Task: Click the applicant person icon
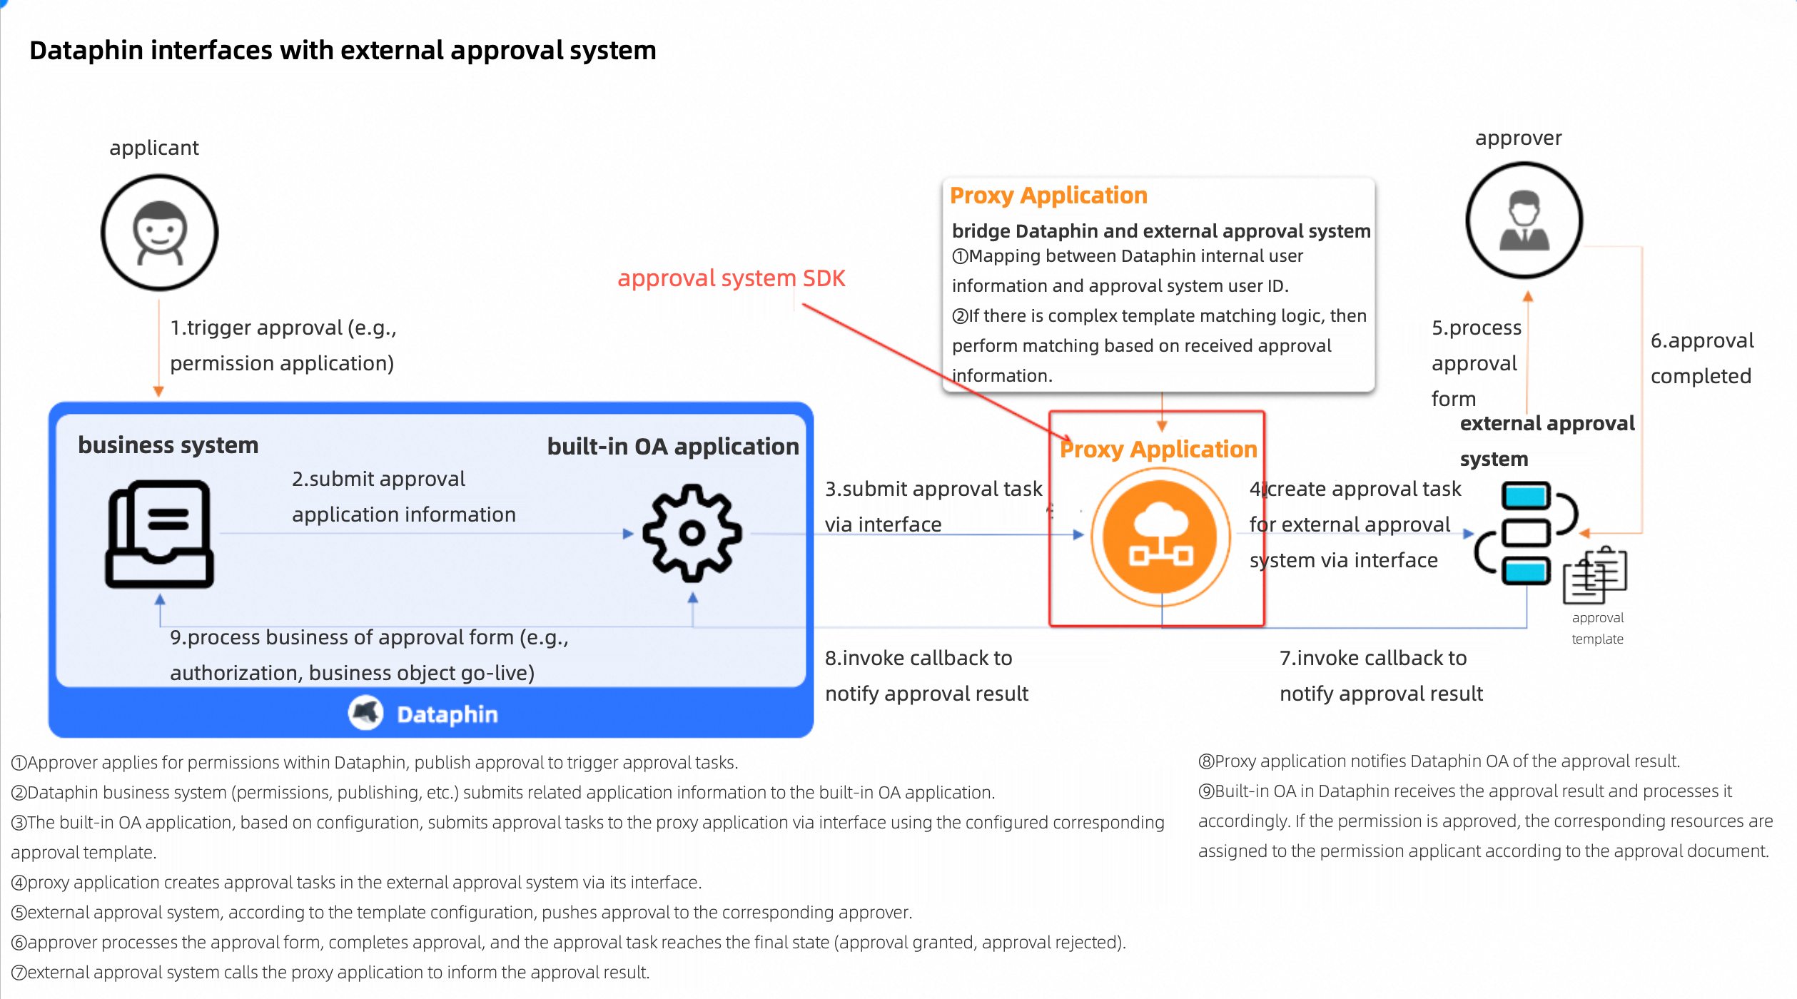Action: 159,233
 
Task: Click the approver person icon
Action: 1524,220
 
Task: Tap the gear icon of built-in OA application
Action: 692,533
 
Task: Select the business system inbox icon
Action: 159,534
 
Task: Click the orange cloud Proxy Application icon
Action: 1160,536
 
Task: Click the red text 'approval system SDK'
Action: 731,278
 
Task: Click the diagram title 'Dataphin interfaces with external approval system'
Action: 343,51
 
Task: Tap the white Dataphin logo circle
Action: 365,713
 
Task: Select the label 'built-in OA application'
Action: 672,447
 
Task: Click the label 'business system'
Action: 168,445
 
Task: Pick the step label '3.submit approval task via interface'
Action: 932,507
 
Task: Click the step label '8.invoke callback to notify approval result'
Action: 926,676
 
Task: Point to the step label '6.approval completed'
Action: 1701,358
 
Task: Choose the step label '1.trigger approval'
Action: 283,345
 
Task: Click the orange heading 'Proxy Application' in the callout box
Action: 1048,196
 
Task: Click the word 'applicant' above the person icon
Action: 153,148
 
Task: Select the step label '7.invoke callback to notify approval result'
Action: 1380,676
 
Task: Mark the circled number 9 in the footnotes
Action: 1206,791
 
